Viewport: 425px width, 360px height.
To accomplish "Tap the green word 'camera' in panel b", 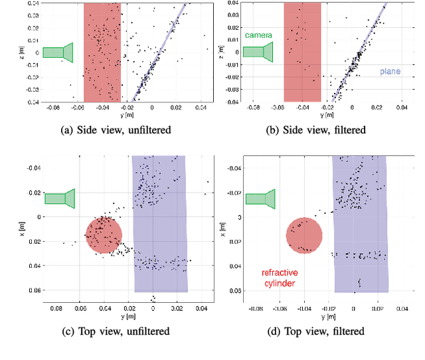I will coord(258,35).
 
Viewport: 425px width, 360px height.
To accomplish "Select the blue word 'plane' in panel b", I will coord(390,71).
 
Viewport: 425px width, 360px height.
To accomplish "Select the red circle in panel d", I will coord(304,234).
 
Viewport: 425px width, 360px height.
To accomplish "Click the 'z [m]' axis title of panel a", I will coord(23,52).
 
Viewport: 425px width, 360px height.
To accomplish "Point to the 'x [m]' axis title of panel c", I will coord(23,224).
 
